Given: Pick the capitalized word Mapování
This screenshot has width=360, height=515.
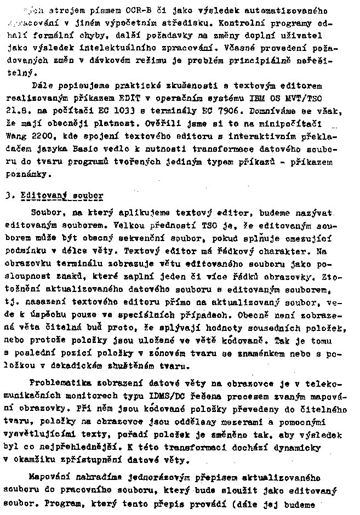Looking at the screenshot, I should click(50, 478).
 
